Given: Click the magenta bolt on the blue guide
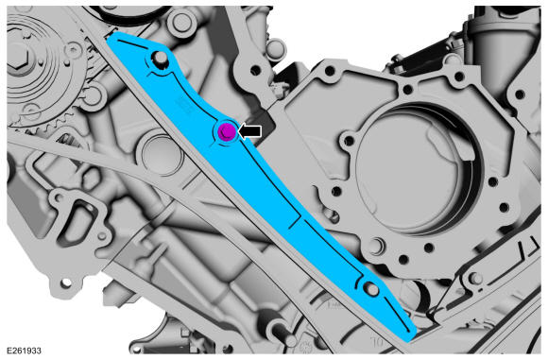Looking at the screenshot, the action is (227, 131).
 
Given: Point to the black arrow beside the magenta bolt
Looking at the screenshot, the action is (249, 131).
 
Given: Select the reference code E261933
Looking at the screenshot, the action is (24, 351).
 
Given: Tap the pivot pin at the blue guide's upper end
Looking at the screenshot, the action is (159, 58).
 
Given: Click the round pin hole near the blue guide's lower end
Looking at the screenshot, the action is (370, 289).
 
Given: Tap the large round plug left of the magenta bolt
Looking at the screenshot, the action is (160, 155).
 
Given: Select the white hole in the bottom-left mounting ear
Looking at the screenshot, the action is (65, 283).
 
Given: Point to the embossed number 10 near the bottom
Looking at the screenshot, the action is (376, 341).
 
